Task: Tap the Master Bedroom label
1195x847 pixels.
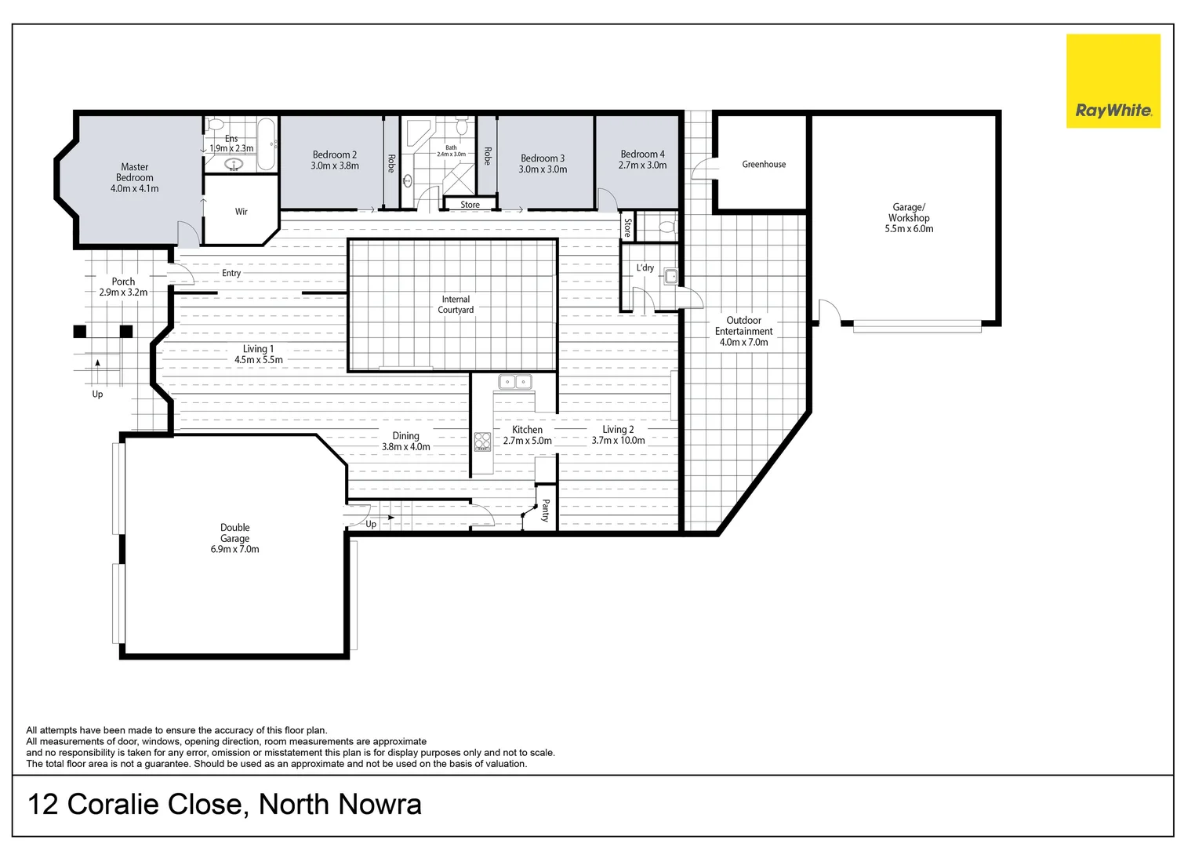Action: point(134,172)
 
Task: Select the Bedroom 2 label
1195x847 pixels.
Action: point(334,154)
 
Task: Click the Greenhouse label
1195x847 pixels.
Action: point(764,164)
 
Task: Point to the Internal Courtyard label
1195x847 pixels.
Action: point(456,304)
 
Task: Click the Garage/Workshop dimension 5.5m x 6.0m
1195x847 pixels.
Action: point(909,229)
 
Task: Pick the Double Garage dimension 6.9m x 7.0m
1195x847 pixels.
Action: point(234,549)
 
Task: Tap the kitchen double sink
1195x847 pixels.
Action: point(514,382)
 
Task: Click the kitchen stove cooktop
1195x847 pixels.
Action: point(482,442)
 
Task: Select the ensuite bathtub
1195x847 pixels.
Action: point(267,144)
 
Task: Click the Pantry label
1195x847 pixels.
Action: point(546,511)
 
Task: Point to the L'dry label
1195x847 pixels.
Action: point(645,267)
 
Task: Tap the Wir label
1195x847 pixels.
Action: point(242,212)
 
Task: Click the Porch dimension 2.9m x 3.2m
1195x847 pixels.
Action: point(123,293)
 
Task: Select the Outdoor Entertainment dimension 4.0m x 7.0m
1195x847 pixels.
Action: point(743,342)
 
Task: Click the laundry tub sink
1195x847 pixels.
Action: point(670,276)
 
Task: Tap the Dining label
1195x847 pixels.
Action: point(405,435)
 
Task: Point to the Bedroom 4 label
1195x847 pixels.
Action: point(642,154)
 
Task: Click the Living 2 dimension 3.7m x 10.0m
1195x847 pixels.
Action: point(618,441)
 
